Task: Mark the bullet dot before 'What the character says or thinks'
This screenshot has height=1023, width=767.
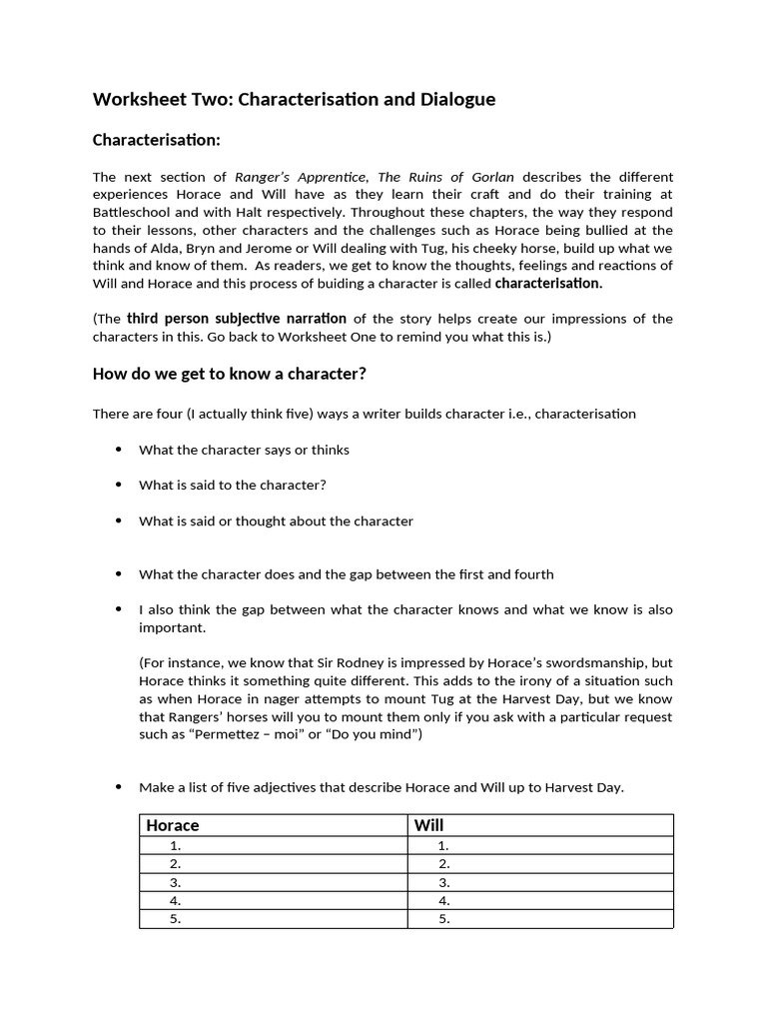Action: click(x=118, y=450)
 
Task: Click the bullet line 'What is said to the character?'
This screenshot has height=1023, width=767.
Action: click(x=233, y=485)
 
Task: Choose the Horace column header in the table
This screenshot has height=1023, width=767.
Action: click(x=173, y=825)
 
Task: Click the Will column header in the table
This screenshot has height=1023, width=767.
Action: click(x=428, y=825)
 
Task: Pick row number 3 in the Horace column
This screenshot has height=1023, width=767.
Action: click(x=175, y=883)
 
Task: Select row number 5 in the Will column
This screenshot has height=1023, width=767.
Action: click(x=443, y=919)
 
